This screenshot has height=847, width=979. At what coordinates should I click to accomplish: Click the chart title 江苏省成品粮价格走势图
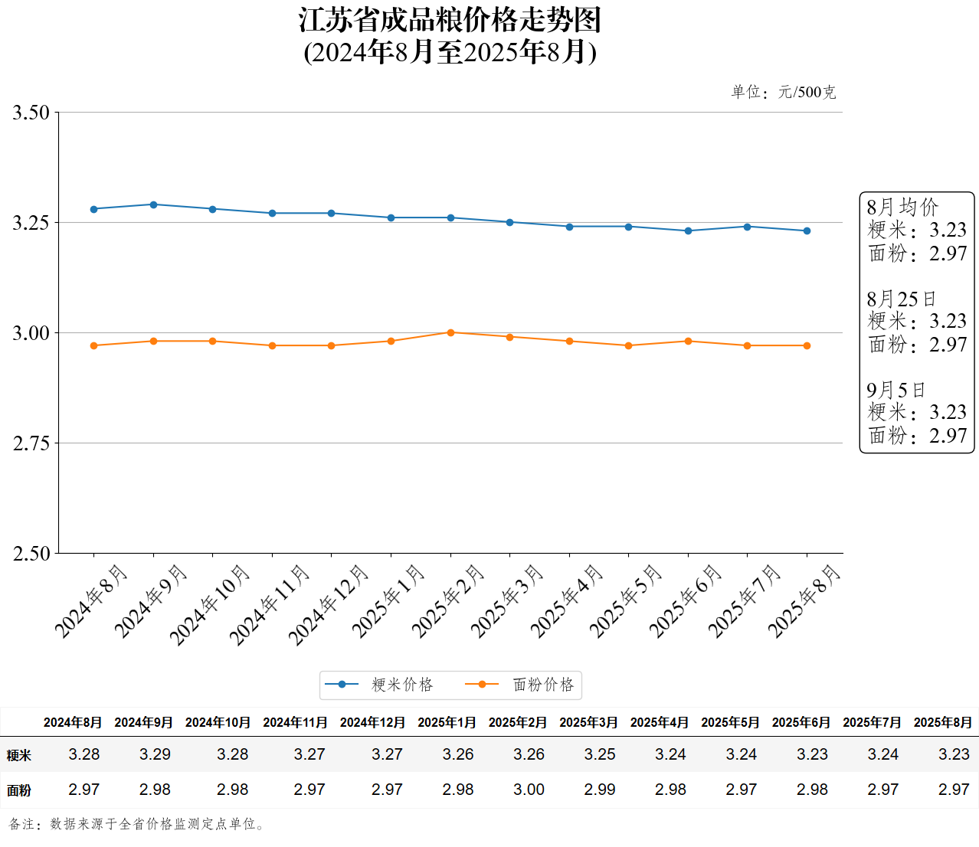pyautogui.click(x=450, y=21)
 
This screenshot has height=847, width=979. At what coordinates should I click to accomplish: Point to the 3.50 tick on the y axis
pyautogui.click(x=31, y=113)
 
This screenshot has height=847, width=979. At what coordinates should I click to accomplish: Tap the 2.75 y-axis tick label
pyautogui.click(x=31, y=443)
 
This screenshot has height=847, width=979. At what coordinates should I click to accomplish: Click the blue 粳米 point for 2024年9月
pyautogui.click(x=153, y=204)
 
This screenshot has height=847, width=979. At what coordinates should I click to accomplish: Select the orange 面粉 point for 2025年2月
pyautogui.click(x=450, y=332)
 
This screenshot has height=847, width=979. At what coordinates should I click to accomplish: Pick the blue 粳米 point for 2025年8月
pyautogui.click(x=807, y=231)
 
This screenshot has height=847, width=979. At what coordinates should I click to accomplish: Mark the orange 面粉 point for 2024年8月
pyautogui.click(x=94, y=345)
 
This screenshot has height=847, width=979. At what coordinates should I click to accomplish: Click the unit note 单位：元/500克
pyautogui.click(x=783, y=92)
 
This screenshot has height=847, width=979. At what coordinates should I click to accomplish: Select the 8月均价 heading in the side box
pyautogui.click(x=902, y=207)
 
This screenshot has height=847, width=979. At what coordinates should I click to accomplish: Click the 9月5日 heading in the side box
pyautogui.click(x=896, y=390)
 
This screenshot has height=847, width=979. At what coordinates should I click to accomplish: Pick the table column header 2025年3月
pyautogui.click(x=588, y=722)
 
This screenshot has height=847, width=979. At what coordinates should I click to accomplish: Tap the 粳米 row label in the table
pyautogui.click(x=19, y=755)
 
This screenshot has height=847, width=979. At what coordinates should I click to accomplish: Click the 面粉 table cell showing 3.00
pyautogui.click(x=529, y=790)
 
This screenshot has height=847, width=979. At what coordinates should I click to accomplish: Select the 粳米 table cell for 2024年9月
pyautogui.click(x=155, y=754)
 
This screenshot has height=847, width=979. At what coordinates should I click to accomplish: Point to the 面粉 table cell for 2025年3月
pyautogui.click(x=600, y=790)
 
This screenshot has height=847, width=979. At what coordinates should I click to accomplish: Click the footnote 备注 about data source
pyautogui.click(x=138, y=824)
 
